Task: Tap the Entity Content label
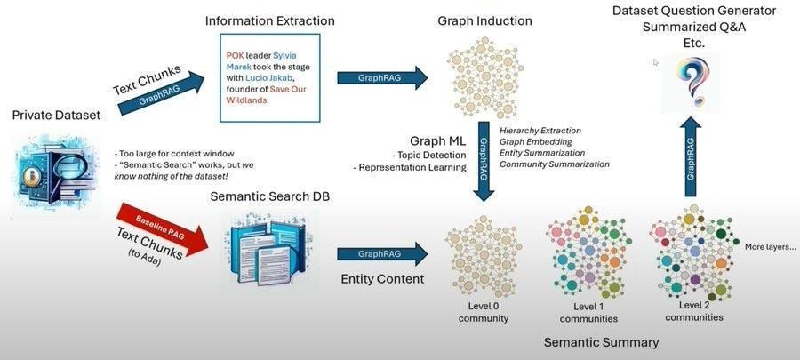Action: click(x=381, y=279)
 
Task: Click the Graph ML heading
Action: click(x=437, y=141)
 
